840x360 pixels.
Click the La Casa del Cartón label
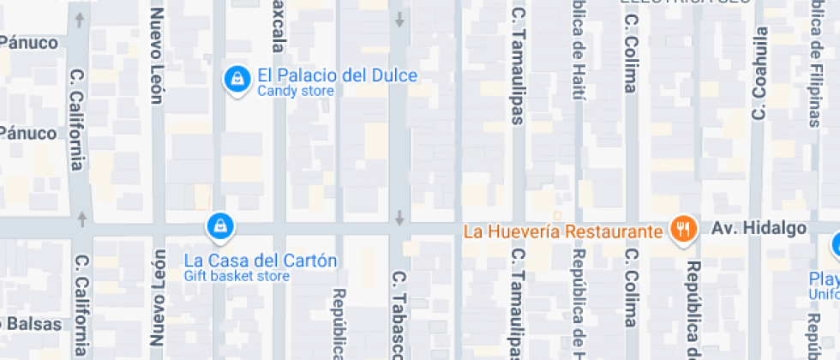[261, 261]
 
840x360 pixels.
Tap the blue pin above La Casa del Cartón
[220, 226]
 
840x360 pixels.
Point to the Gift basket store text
[237, 276]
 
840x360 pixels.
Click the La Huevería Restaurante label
[563, 231]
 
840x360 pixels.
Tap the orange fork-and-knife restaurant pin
[683, 229]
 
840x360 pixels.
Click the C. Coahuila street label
[758, 72]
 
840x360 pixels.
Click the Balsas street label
[32, 325]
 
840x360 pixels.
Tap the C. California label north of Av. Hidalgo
[76, 119]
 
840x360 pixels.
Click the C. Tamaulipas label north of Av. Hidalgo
[518, 66]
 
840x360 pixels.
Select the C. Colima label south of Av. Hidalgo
[632, 288]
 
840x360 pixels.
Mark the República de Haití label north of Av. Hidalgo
[577, 51]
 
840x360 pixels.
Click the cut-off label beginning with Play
[825, 279]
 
